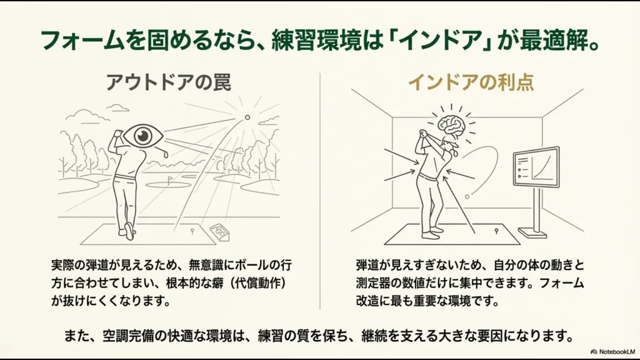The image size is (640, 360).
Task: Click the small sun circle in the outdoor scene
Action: pyautogui.click(x=247, y=117)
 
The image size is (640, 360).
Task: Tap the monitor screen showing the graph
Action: pyautogui.click(x=536, y=167)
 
